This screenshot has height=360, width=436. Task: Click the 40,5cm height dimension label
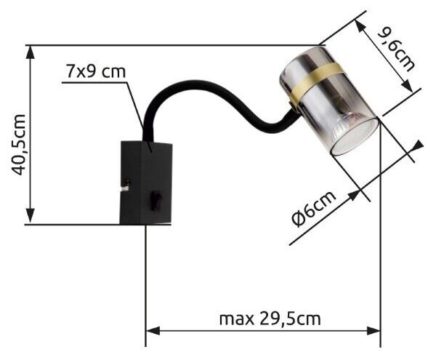pos(19,145)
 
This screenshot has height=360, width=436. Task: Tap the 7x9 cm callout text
pos(96,71)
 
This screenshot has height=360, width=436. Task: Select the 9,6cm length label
pos(396,49)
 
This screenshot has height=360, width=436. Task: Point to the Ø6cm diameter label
pos(313,209)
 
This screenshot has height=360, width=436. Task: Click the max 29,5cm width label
pos(270,319)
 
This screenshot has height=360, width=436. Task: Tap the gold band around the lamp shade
pos(316,80)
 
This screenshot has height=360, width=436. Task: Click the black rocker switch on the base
pos(156,201)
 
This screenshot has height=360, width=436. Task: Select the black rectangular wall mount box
pos(146,183)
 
